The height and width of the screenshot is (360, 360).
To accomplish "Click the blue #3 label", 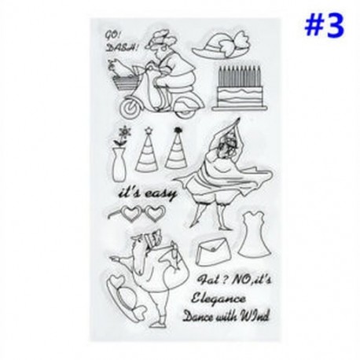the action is click(x=325, y=26).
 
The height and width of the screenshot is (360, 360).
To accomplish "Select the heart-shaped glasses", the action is click(x=137, y=213).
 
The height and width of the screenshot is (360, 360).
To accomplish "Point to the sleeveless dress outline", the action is click(x=255, y=234).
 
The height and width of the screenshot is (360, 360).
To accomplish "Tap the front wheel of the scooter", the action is click(x=130, y=108).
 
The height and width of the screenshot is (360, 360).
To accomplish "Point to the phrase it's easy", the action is click(x=148, y=193).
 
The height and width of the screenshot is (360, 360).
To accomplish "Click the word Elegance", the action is click(x=219, y=299).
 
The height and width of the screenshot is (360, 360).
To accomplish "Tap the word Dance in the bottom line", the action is click(x=198, y=317).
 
